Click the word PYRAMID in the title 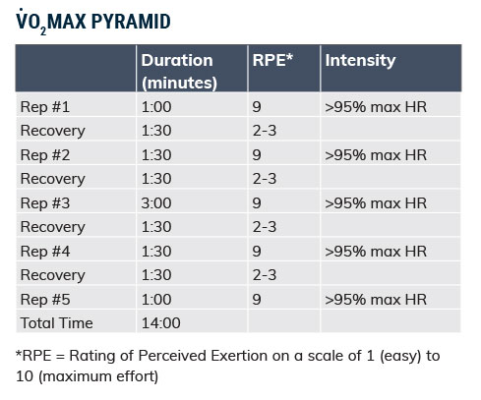point(131,22)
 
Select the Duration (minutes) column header point(179,71)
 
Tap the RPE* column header point(272,60)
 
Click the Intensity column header point(360,61)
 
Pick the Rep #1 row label point(45,107)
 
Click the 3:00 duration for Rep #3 point(156,202)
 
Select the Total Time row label point(56,323)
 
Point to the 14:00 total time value point(160,323)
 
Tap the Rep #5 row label point(45,300)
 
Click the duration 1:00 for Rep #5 point(156,300)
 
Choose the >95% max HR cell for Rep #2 point(376,155)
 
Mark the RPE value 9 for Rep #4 point(257,252)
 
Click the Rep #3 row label point(45,203)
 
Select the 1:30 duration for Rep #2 point(156,155)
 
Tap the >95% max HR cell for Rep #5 point(376,300)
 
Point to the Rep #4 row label point(45,252)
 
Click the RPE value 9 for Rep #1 point(257,107)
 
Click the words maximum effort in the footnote point(98,376)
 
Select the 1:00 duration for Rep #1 point(156,107)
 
